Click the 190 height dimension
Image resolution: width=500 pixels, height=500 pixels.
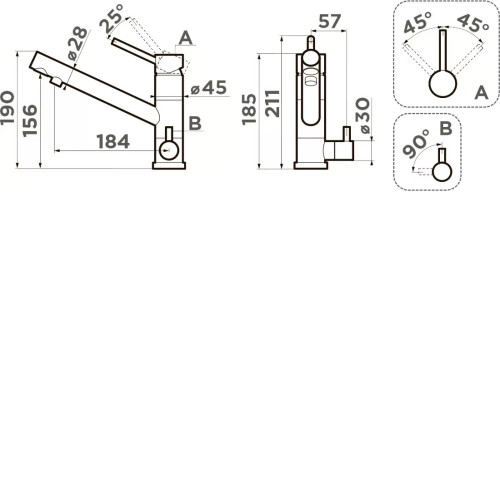tap(8, 108)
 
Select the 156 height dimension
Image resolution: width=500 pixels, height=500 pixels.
tap(30, 121)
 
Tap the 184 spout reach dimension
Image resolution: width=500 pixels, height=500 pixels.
tap(113, 142)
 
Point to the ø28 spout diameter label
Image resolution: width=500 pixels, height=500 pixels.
tap(78, 44)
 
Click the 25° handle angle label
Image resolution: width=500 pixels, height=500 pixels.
tap(112, 18)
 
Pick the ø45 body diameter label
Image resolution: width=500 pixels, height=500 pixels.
tap(209, 88)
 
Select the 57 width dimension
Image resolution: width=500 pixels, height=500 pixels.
tap(330, 21)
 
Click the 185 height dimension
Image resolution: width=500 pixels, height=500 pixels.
tap(249, 109)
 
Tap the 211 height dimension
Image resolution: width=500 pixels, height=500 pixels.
tap(272, 103)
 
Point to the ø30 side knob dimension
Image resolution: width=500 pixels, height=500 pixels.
tap(365, 116)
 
